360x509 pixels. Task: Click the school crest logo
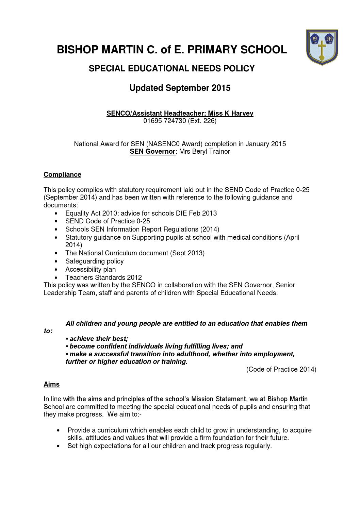(322, 47)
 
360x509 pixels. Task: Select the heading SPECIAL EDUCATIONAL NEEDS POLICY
(171, 69)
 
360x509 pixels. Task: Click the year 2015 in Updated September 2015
(221, 88)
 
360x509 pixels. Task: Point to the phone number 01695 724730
(165, 121)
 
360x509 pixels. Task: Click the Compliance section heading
(62, 175)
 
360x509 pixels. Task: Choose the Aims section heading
(51, 385)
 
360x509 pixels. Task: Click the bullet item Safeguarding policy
(94, 261)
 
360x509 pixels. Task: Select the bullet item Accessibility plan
(90, 270)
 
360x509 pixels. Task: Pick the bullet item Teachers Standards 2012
(103, 277)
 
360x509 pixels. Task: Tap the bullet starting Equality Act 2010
(141, 213)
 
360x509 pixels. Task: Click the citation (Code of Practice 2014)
(281, 370)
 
